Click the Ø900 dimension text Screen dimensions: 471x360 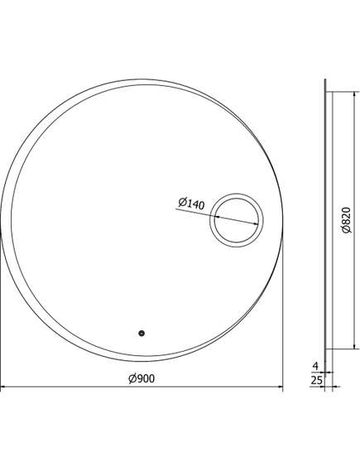[x=142, y=379]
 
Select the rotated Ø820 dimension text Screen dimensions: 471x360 [x=346, y=222]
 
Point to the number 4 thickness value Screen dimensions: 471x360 [x=315, y=365]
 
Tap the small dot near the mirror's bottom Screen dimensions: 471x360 [x=141, y=334]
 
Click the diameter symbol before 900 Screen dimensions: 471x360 [x=132, y=379]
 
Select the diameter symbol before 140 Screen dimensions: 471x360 [x=181, y=201]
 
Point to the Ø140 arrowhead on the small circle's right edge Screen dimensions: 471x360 [x=259, y=227]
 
